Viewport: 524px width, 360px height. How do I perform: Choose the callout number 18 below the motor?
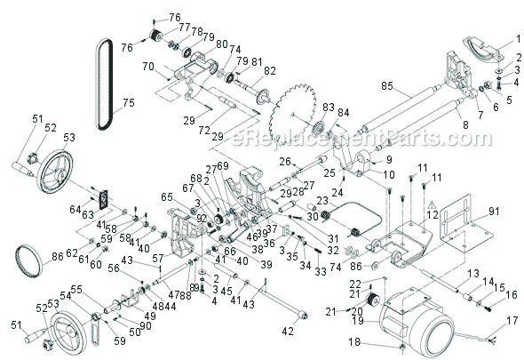[353, 341]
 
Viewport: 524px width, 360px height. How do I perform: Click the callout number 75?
[129, 102]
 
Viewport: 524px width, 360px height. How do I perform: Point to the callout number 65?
[166, 196]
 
